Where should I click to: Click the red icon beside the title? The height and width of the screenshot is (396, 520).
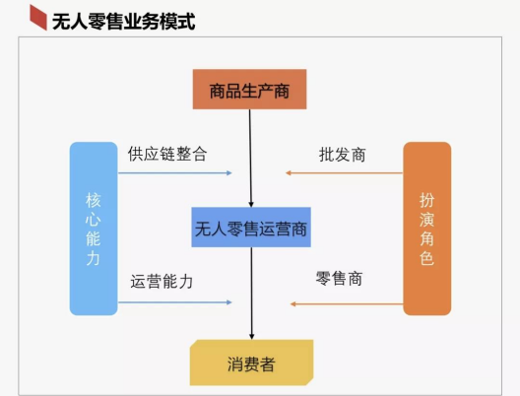point(38,18)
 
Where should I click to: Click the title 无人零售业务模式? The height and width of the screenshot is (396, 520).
point(123,22)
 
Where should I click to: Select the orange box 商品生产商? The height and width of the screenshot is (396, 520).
point(249,90)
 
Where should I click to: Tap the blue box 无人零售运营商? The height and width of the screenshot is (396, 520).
point(251,228)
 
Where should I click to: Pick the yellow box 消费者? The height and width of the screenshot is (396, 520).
point(251,363)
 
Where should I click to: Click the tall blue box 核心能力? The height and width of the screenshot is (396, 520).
point(94,229)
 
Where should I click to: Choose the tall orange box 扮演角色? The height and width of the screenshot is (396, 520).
point(426,229)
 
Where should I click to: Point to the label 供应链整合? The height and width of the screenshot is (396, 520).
point(167,154)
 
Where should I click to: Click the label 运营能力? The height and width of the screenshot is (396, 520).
point(162,282)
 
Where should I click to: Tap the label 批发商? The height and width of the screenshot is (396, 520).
point(343,155)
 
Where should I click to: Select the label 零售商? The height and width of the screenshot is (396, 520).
point(339,278)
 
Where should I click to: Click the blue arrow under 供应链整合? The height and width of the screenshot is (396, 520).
point(175,172)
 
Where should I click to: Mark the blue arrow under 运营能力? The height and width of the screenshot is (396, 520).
point(175,302)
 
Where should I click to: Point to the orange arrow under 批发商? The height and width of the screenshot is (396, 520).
point(345,172)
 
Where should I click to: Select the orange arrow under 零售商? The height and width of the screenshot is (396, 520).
point(347,303)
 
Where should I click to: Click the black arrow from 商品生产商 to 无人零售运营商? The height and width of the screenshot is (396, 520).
point(250,159)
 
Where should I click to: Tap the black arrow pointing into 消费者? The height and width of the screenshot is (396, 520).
point(252,294)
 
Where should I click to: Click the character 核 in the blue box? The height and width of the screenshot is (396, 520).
point(94,200)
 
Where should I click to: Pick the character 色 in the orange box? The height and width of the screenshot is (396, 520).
point(426,258)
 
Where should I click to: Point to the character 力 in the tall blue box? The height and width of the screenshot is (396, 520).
point(94,258)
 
